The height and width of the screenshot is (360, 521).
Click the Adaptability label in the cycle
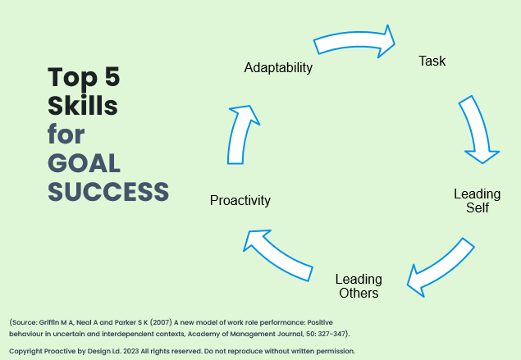[x=278, y=68]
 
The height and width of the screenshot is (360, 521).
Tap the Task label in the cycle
[x=432, y=62]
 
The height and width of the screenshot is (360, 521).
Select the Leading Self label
[x=478, y=201]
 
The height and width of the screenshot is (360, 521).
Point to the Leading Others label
[x=359, y=286]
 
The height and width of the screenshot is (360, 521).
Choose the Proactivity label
[x=240, y=201]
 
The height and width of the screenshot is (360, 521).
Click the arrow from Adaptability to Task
[x=354, y=41]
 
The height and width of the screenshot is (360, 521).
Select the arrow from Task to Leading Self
[x=478, y=129]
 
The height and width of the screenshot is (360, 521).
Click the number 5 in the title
[x=112, y=77]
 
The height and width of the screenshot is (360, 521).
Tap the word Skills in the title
[x=83, y=105]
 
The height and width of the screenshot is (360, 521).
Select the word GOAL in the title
[x=84, y=163]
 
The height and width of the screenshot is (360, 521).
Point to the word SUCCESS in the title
[x=108, y=192]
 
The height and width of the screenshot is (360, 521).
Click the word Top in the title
[x=73, y=78]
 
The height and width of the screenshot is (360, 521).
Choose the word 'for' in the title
[x=66, y=134]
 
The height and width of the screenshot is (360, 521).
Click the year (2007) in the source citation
[x=161, y=322]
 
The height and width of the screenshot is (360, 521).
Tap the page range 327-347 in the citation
[x=331, y=334]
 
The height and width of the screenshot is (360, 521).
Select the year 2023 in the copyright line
[x=131, y=351]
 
